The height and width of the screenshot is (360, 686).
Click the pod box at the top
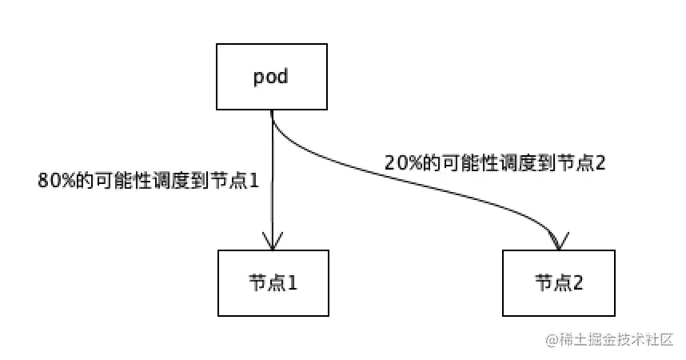[271, 77]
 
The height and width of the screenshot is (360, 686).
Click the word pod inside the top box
[271, 78]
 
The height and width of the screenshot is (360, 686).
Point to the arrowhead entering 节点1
[273, 241]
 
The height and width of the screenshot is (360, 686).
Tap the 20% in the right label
[400, 162]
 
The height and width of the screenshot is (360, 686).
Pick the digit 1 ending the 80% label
[254, 181]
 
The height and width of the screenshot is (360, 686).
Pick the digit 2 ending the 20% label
[600, 162]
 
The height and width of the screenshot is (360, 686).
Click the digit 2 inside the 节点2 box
[578, 282]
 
